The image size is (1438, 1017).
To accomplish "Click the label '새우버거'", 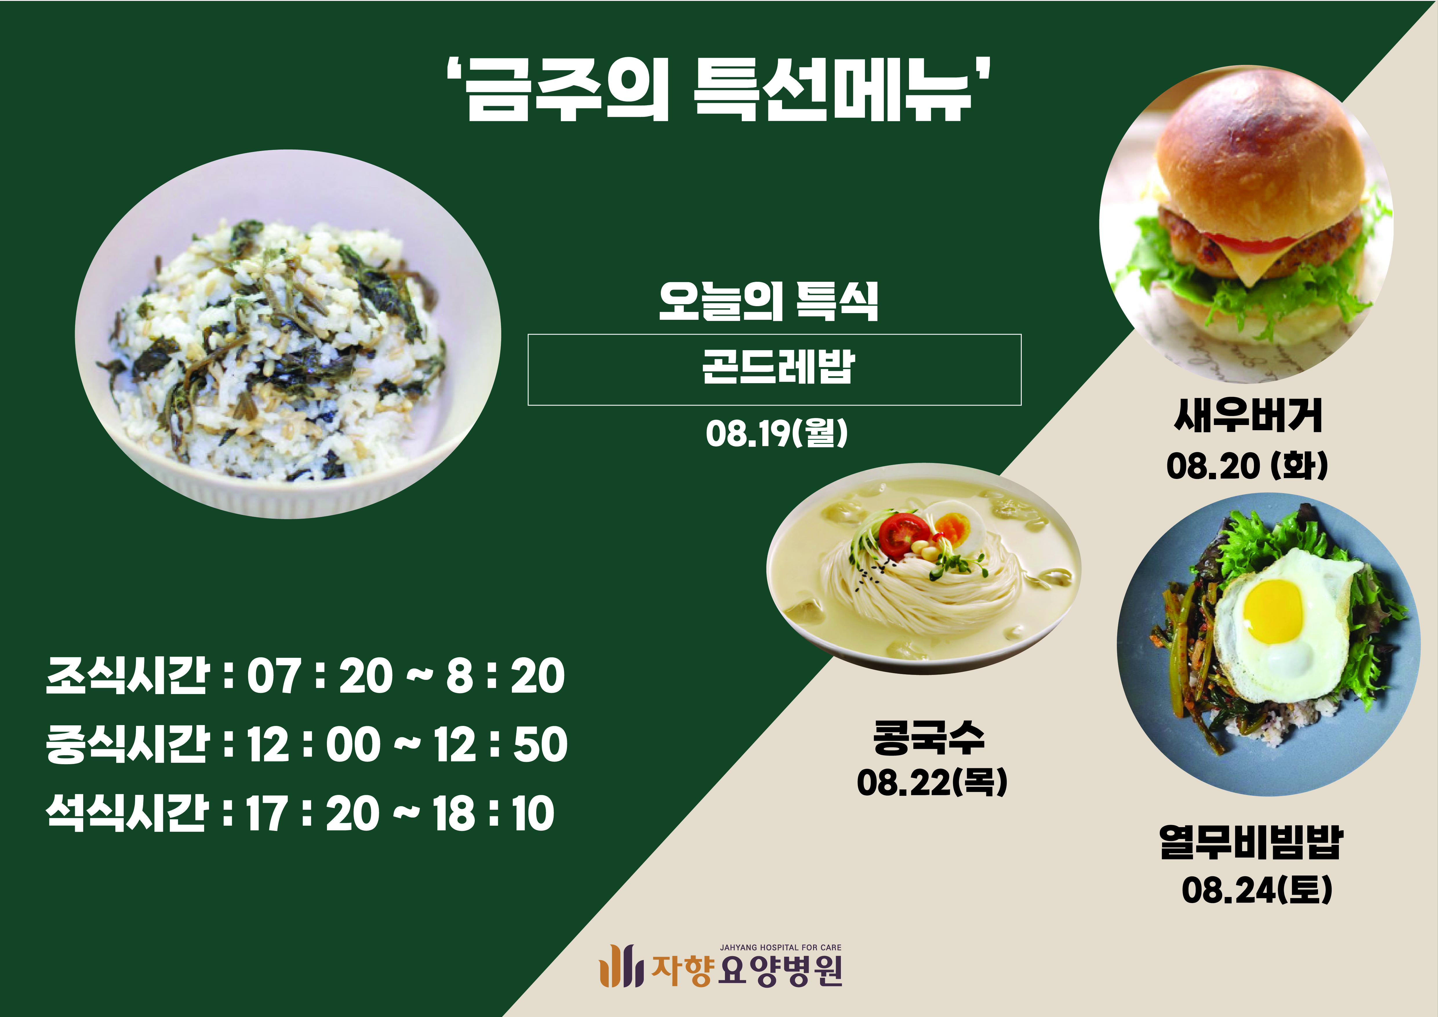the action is pos(1248,415).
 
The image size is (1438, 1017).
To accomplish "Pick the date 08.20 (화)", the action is pos(1247,466).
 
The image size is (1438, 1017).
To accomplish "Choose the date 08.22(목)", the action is pos(932,782).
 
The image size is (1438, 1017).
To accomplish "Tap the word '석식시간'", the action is pos(127,813).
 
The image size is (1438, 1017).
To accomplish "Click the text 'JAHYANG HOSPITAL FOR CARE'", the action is pos(780,947).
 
